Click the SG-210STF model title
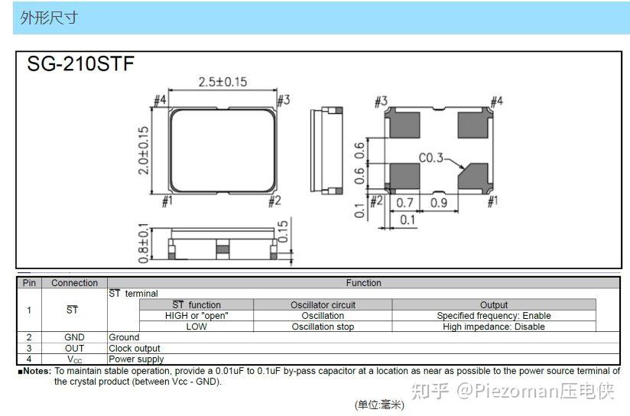click(x=80, y=64)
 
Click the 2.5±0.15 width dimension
click(x=222, y=82)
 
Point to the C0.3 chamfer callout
click(x=431, y=158)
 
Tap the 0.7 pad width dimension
click(x=405, y=203)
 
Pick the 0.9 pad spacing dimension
click(x=439, y=203)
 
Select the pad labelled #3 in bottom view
click(x=404, y=123)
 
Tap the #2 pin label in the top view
click(x=275, y=200)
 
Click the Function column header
click(x=363, y=283)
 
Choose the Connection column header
click(x=74, y=283)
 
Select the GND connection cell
click(x=74, y=337)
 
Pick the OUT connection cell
click(x=74, y=348)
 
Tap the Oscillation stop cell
click(x=323, y=327)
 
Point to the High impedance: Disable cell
click(x=493, y=327)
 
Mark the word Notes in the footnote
click(x=37, y=371)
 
